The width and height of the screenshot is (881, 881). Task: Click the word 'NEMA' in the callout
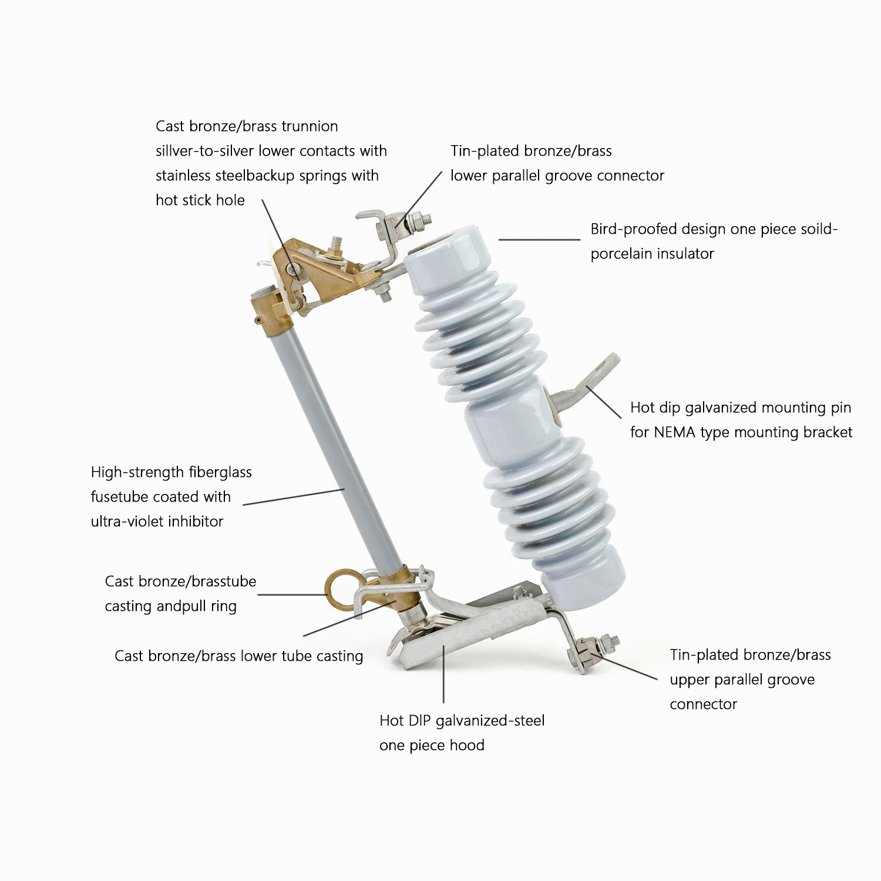pyautogui.click(x=675, y=432)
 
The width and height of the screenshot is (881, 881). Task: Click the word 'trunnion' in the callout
pyautogui.click(x=310, y=126)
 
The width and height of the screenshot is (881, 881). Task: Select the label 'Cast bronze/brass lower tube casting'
pyautogui.click(x=239, y=656)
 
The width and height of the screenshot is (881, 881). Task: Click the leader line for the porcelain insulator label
pyautogui.click(x=539, y=240)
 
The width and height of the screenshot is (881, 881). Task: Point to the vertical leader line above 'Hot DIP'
pyautogui.click(x=443, y=673)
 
